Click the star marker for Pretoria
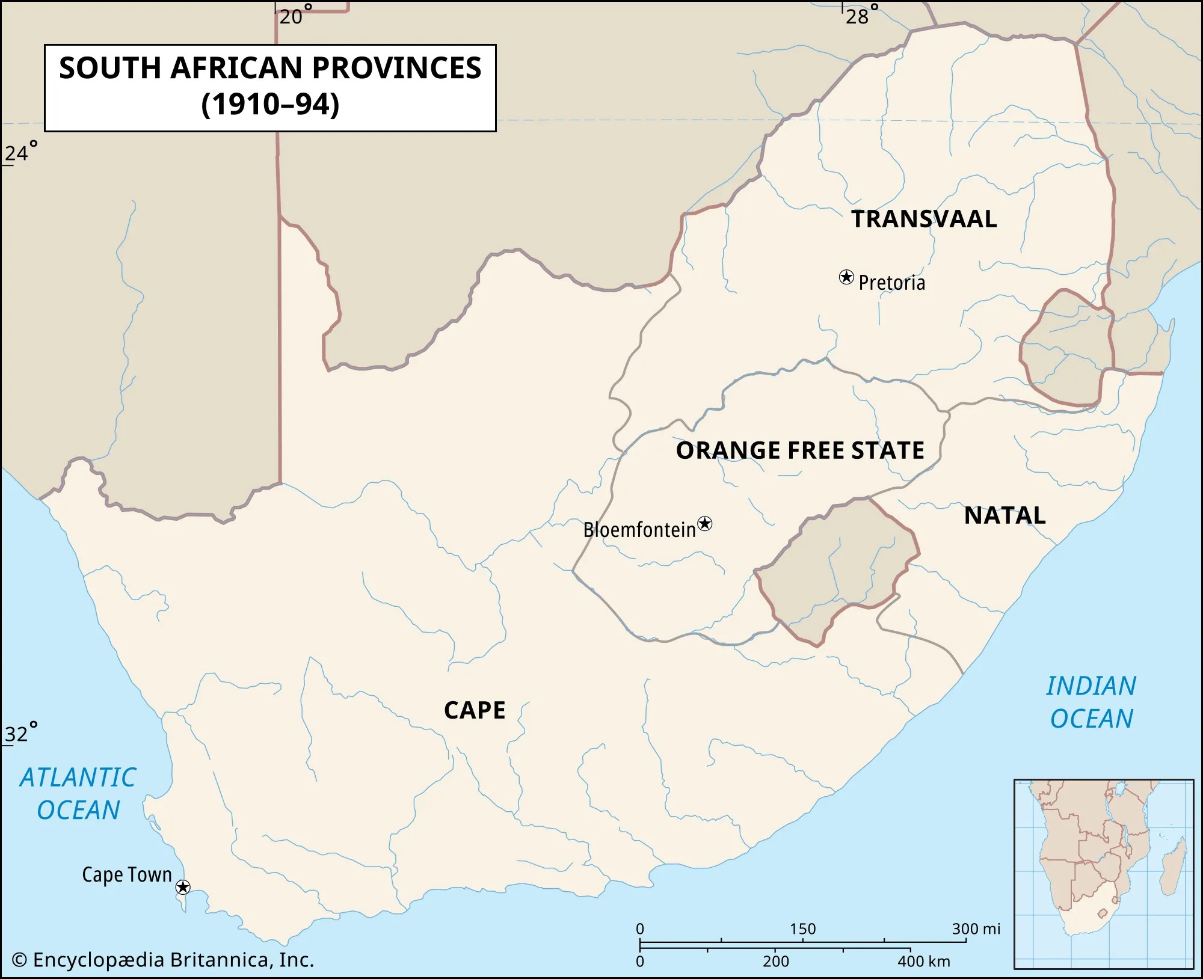click(846, 277)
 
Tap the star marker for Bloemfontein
click(705, 524)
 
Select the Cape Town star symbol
click(183, 887)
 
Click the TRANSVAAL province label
click(924, 219)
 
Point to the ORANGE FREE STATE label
click(800, 450)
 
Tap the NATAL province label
click(1005, 516)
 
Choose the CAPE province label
click(475, 710)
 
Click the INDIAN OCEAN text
click(1091, 702)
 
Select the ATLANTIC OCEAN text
click(78, 794)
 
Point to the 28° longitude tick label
click(861, 15)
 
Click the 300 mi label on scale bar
click(975, 929)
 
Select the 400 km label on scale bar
click(923, 962)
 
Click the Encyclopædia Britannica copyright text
click(163, 960)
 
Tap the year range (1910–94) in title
click(270, 104)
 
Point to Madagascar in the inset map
click(1172, 865)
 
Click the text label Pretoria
click(891, 283)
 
